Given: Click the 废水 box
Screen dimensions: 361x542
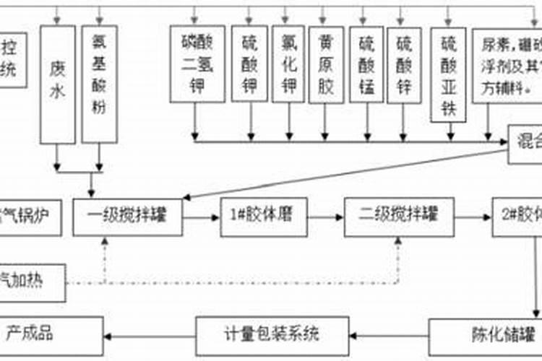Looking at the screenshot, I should click(x=58, y=83).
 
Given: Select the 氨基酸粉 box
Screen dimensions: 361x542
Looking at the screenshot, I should click(x=100, y=83).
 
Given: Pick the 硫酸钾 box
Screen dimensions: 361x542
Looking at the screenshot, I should click(x=251, y=65).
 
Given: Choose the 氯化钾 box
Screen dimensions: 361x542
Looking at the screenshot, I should click(x=289, y=65).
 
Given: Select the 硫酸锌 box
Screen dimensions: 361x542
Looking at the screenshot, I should click(x=405, y=65).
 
